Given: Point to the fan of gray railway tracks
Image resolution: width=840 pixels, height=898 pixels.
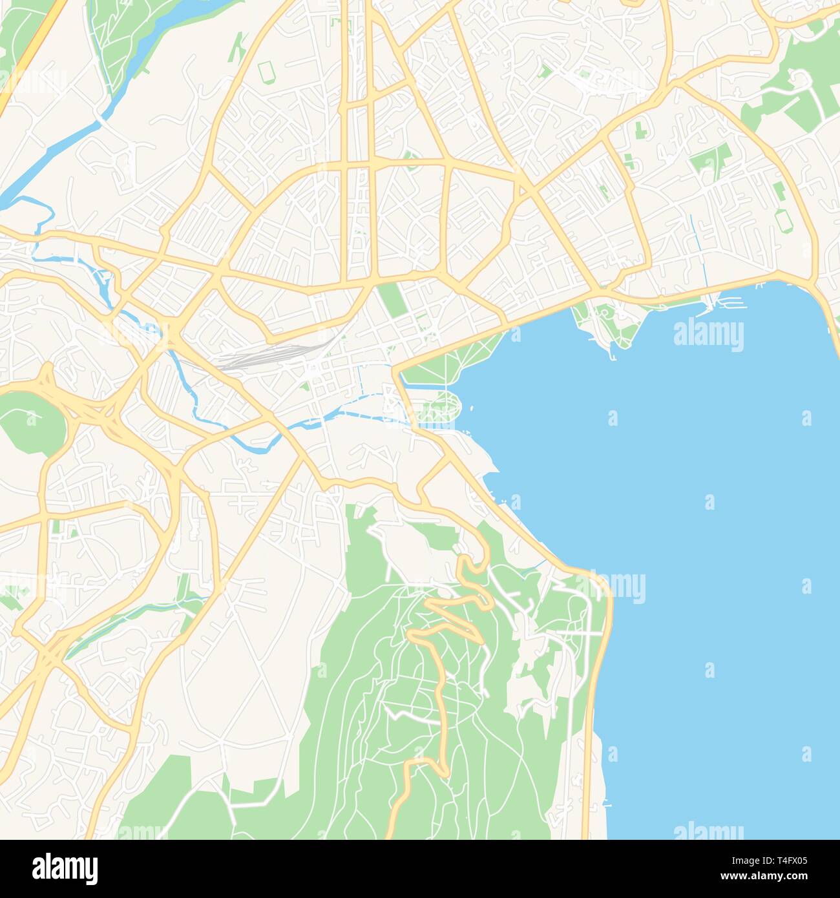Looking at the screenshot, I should coord(271,355).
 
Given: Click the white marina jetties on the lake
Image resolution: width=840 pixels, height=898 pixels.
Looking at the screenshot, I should coord(730,301).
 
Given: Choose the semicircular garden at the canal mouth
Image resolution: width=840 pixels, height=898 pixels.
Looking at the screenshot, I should coord(439,407).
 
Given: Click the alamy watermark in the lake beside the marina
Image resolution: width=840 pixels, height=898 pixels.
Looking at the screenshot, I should coord(708,335).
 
